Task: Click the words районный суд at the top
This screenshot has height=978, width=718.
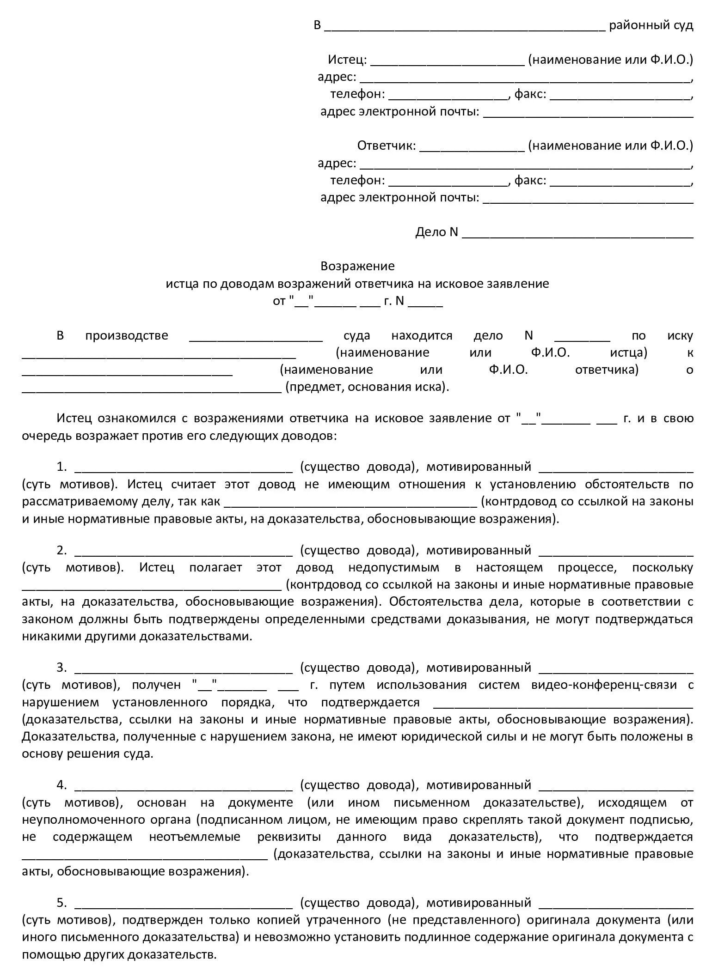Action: click(x=651, y=25)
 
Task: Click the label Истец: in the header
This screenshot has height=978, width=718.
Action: click(x=347, y=60)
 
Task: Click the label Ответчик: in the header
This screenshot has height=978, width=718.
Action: click(x=387, y=146)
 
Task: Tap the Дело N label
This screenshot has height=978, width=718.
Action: click(x=436, y=232)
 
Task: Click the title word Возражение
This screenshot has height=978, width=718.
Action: click(x=357, y=266)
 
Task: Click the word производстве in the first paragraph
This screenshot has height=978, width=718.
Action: click(x=127, y=335)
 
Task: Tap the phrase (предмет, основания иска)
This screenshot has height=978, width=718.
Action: click(x=367, y=387)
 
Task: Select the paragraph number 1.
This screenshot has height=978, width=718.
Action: click(x=61, y=467)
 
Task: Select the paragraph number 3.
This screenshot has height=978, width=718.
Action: click(x=61, y=668)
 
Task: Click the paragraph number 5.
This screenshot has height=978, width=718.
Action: click(x=61, y=903)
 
